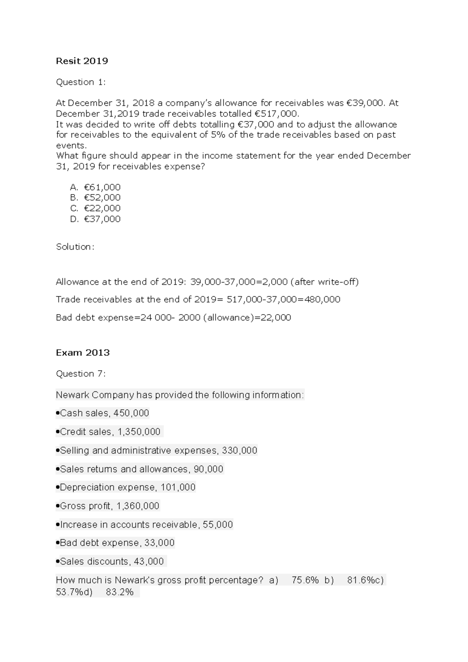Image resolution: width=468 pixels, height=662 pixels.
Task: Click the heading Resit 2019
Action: tap(82, 61)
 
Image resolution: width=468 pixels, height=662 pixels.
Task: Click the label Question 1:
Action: tap(81, 82)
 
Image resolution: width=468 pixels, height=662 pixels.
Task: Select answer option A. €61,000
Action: tap(96, 187)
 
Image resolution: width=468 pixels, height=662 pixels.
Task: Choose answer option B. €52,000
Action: tap(96, 198)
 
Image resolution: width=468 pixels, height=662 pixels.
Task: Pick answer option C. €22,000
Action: tap(96, 208)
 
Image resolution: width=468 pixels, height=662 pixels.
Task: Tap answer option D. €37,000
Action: tap(96, 219)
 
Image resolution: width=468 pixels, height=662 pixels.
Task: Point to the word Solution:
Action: tap(75, 247)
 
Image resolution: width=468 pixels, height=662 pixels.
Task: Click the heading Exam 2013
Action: tap(83, 352)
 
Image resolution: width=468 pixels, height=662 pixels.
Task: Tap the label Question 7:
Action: tap(81, 373)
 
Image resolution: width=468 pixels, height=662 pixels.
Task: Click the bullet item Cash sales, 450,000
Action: tap(103, 413)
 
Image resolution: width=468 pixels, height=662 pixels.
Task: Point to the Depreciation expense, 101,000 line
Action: tap(126, 487)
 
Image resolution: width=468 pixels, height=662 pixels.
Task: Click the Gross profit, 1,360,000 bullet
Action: tap(108, 506)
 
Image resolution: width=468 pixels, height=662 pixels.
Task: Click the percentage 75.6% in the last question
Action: tap(305, 580)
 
